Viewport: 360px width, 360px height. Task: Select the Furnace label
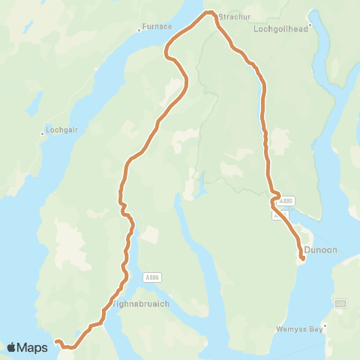(x=157, y=27)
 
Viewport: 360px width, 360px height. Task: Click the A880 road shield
(x=285, y=201)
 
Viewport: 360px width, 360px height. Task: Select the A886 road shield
(x=152, y=277)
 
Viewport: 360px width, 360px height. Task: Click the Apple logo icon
(x=13, y=347)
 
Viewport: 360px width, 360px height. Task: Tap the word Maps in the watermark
(x=34, y=347)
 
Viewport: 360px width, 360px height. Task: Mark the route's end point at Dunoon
(x=301, y=259)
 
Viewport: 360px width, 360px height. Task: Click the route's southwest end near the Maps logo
(x=57, y=341)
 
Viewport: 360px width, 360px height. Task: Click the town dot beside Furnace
(x=139, y=31)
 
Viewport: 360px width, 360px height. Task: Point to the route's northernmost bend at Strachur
(x=210, y=12)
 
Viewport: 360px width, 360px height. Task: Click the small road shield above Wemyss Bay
(x=340, y=303)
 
